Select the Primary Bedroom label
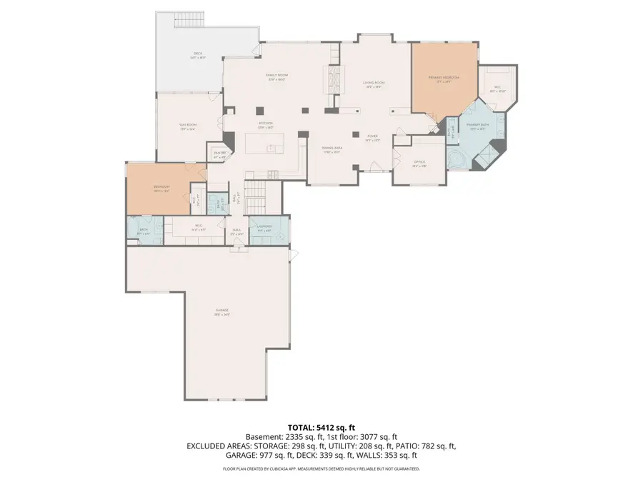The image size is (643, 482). [x=444, y=78]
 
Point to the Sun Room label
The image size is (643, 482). [x=188, y=126]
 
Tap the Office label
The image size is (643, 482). [x=419, y=164]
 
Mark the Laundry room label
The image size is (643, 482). [x=264, y=228]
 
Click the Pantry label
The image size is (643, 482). [x=219, y=154]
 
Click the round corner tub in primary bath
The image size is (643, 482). [x=454, y=159]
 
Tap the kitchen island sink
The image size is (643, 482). [x=271, y=149]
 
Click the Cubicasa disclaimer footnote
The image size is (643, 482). [x=321, y=469]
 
